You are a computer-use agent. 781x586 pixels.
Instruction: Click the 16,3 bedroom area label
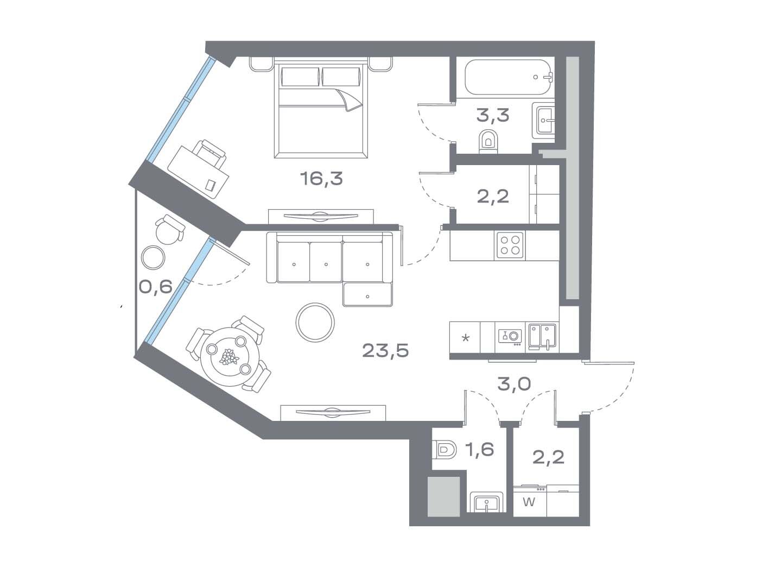click(x=321, y=178)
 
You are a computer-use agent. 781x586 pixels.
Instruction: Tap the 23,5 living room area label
click(x=385, y=350)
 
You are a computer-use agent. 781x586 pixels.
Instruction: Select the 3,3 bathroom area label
click(x=493, y=115)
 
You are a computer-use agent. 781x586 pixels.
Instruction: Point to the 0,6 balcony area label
click(x=156, y=286)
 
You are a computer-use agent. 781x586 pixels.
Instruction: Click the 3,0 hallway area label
click(x=514, y=383)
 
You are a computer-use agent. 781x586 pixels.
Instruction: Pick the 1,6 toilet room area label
click(x=480, y=450)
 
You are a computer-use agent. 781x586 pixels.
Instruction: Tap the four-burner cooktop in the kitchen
click(x=510, y=245)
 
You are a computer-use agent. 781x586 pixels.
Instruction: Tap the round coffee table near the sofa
click(x=315, y=322)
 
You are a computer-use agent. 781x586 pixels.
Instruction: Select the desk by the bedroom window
click(x=198, y=172)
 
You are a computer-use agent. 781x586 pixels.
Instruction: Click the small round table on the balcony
click(x=154, y=257)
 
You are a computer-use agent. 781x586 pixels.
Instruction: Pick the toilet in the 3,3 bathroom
click(x=488, y=142)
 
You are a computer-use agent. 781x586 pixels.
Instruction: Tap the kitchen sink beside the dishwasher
click(x=542, y=336)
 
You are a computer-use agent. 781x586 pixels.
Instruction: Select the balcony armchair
click(x=170, y=230)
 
